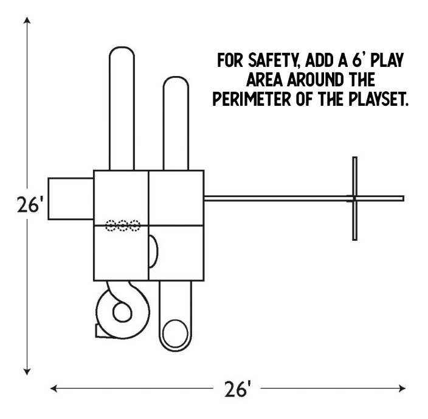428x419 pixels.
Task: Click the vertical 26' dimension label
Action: click(30, 205)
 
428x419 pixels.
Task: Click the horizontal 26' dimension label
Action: click(237, 389)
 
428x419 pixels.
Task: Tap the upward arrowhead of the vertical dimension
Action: click(27, 20)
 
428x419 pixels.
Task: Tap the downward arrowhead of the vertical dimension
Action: click(27, 372)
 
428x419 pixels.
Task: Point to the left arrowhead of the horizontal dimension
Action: click(53, 388)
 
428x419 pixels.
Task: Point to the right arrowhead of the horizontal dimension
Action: click(402, 388)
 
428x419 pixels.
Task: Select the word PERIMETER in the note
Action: click(252, 99)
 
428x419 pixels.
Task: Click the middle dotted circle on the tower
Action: click(123, 226)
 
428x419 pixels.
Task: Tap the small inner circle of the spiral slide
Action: click(123, 312)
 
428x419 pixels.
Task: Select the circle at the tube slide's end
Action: click(175, 333)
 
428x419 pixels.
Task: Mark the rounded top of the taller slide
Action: click(122, 47)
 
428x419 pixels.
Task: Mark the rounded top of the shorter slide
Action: click(176, 77)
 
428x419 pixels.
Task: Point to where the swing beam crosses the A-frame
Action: click(354, 198)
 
